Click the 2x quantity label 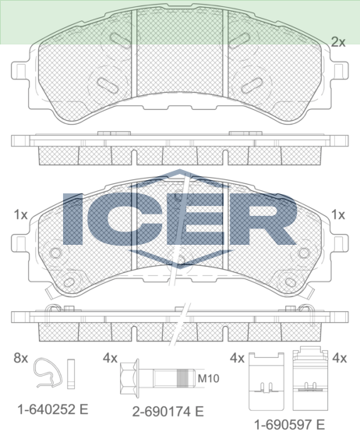pos(338,42)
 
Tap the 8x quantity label pos(21,358)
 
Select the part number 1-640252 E pos(53,409)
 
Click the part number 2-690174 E pos(168,412)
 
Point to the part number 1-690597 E pos(289,425)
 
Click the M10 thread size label pos(208,378)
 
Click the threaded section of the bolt pos(185,378)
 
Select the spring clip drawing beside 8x pos(47,373)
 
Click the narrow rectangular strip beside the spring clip pos(71,374)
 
